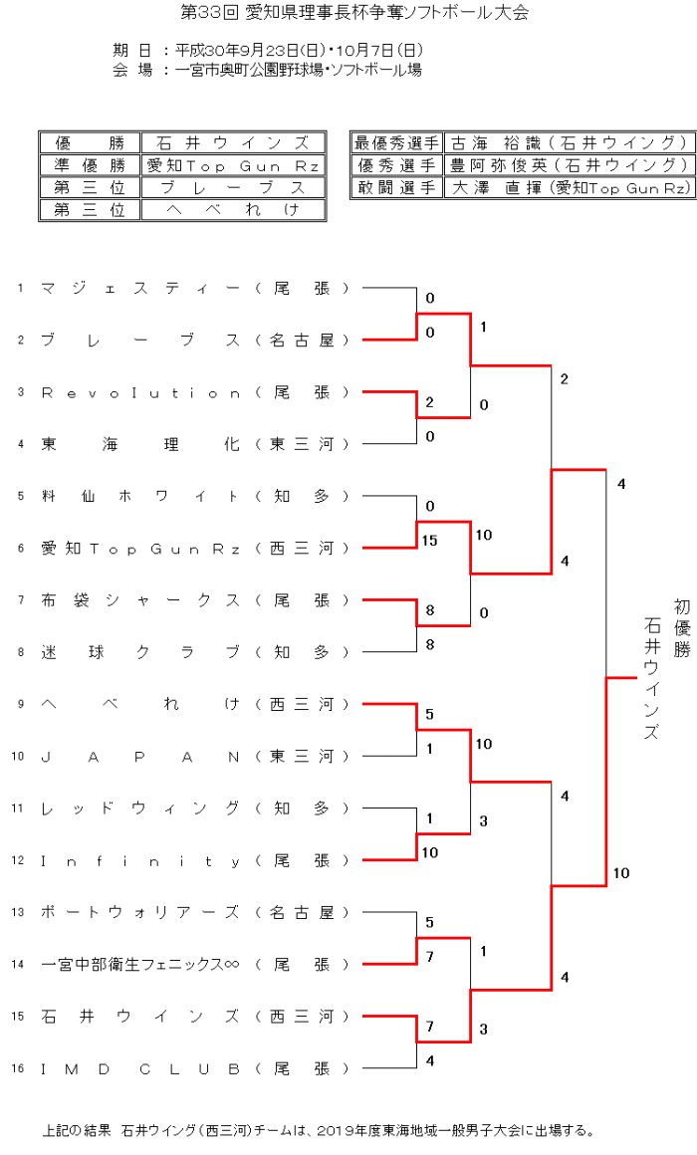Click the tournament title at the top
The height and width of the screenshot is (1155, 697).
pyautogui.click(x=354, y=13)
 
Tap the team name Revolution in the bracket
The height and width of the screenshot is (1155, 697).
pyautogui.click(x=140, y=392)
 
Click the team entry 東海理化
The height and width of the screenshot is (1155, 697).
pyautogui.click(x=140, y=444)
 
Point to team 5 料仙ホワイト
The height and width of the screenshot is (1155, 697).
pyautogui.click(x=140, y=496)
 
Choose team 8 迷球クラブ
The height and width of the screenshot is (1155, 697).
pyautogui.click(x=140, y=652)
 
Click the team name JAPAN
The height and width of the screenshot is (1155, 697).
pyautogui.click(x=140, y=756)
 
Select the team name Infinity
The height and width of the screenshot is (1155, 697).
pyautogui.click(x=140, y=860)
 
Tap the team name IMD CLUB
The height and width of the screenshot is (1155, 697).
pyautogui.click(x=140, y=1068)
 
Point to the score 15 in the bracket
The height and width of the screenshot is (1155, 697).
pyautogui.click(x=430, y=541)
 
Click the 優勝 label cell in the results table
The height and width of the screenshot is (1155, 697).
pyautogui.click(x=90, y=143)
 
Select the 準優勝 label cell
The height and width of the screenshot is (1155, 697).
pyautogui.click(x=90, y=165)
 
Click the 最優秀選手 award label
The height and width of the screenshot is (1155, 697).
pyautogui.click(x=396, y=143)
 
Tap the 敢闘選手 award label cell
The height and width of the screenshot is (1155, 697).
pyautogui.click(x=396, y=187)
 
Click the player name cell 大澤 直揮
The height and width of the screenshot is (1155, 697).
pyautogui.click(x=569, y=187)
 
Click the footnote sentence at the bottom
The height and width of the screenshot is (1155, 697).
pyautogui.click(x=319, y=1131)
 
